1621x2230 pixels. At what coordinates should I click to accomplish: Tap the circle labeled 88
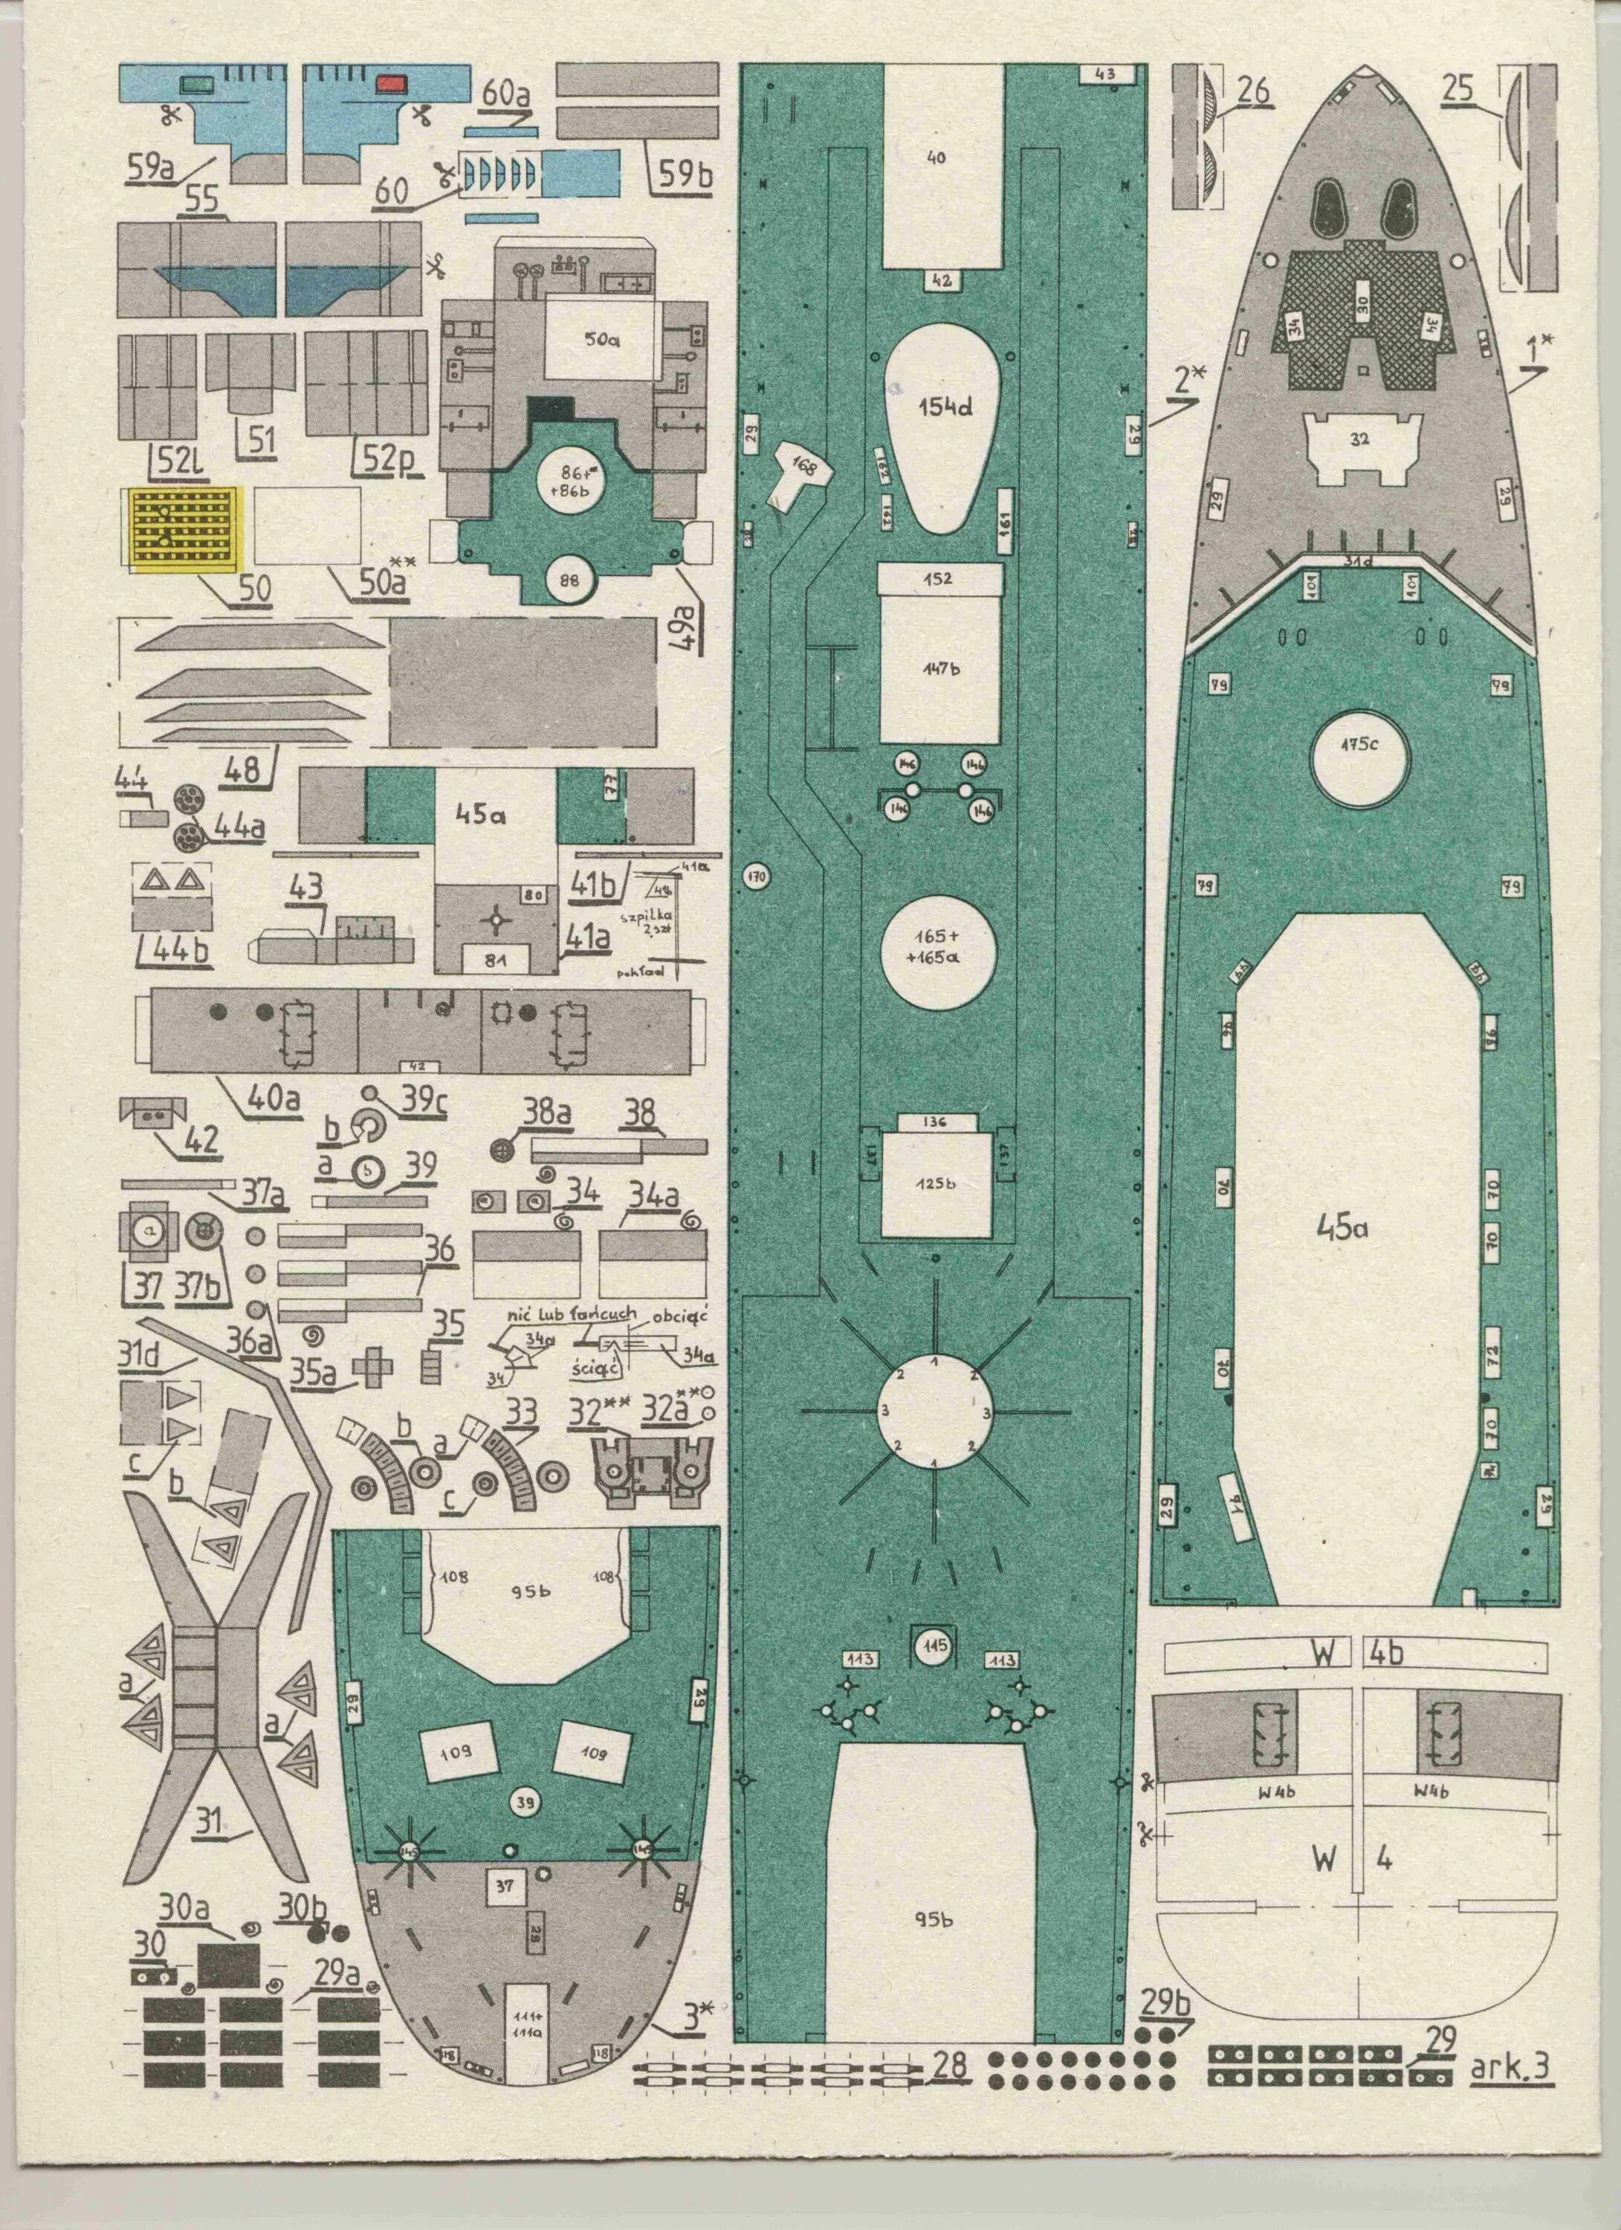569,579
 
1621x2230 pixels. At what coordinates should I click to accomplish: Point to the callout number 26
1252,91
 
